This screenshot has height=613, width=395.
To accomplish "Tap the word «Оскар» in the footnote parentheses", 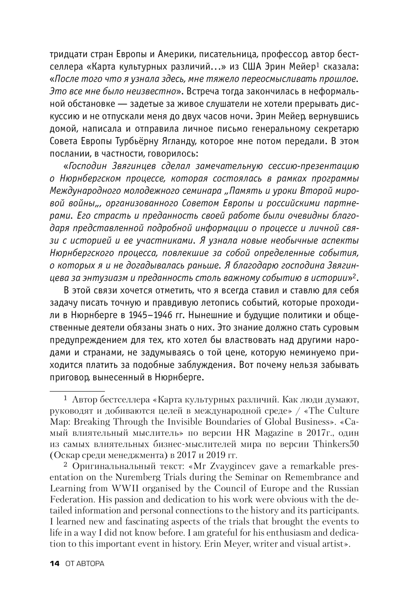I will [68, 455].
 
